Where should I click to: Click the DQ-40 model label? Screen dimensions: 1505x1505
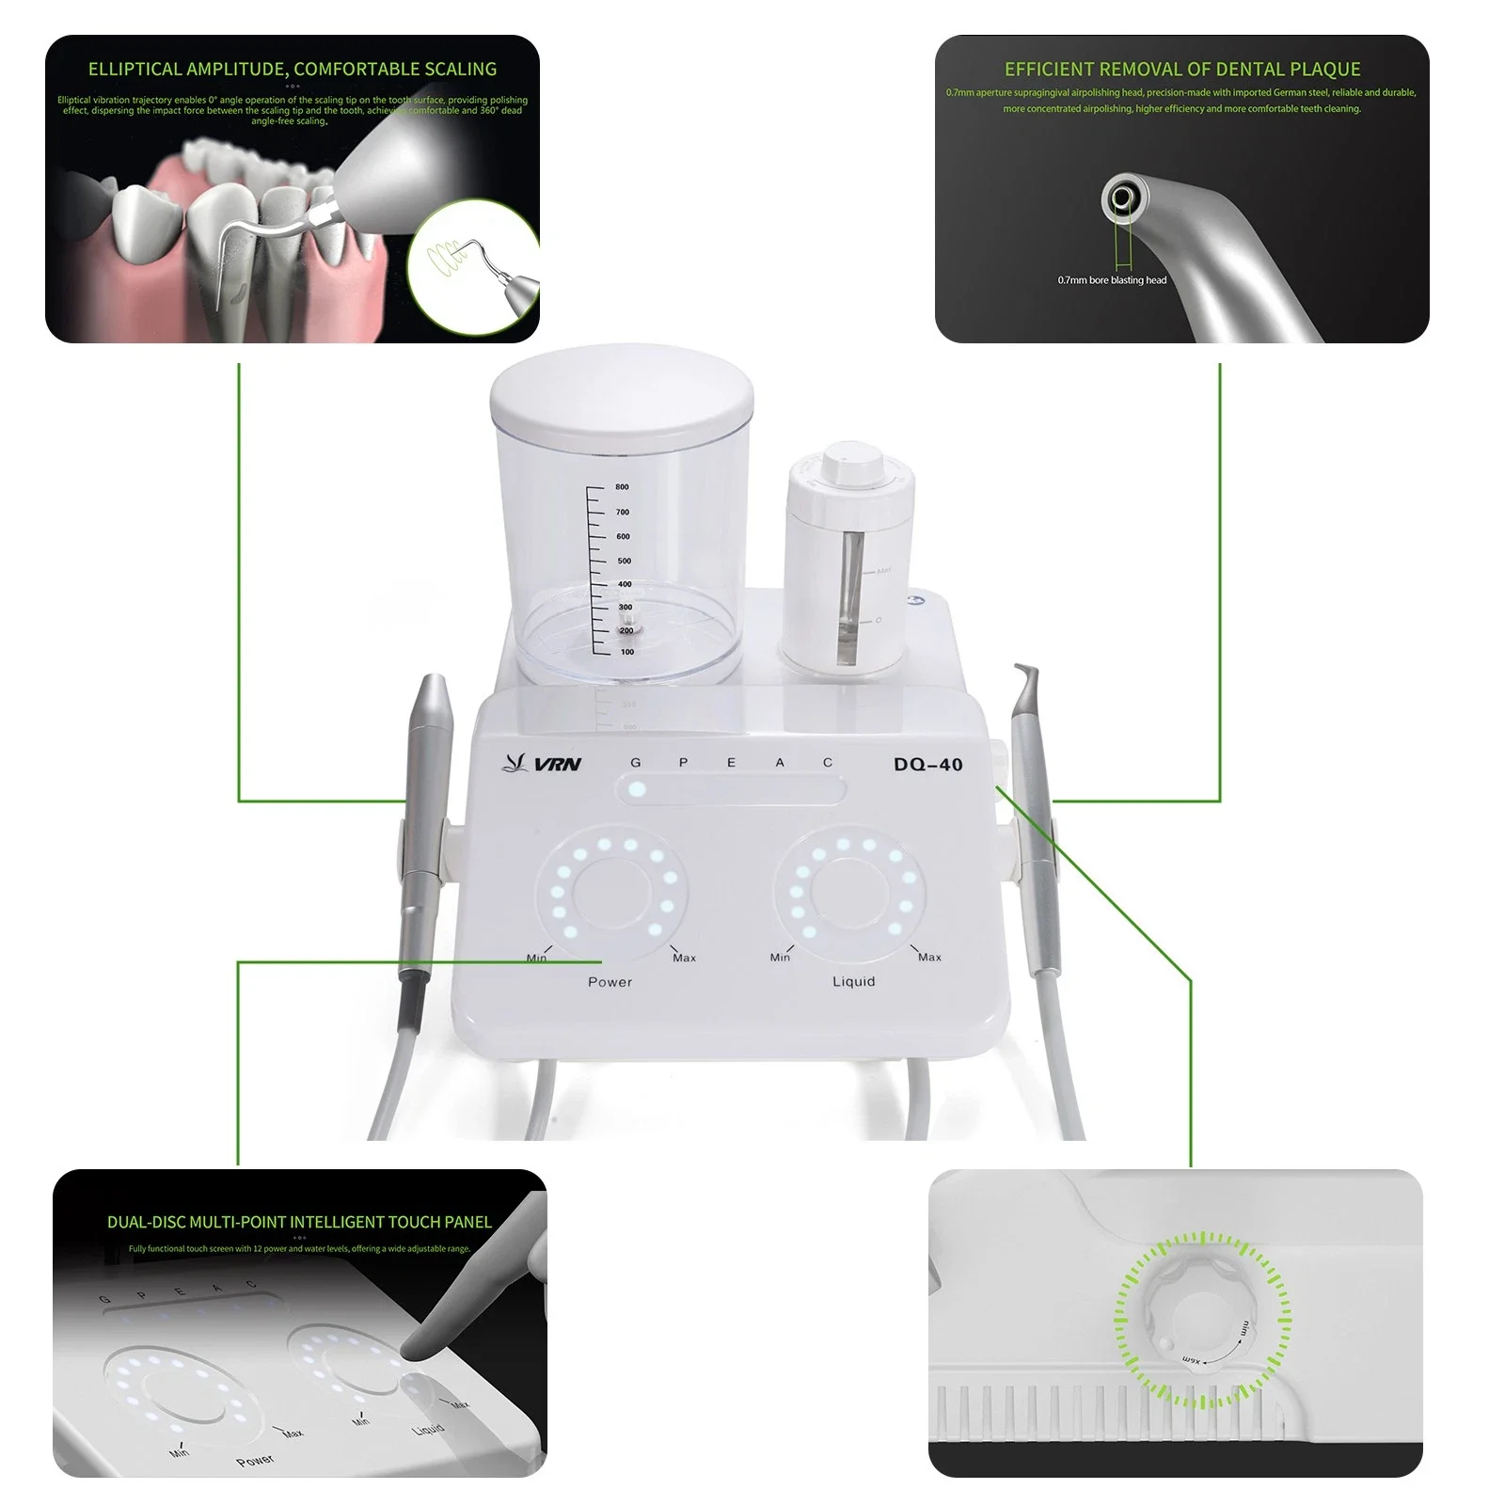coord(927,764)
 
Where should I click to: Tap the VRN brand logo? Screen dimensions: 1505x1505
coord(544,763)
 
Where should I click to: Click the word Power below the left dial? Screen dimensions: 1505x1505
coord(610,981)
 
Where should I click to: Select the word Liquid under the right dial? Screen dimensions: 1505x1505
coord(853,981)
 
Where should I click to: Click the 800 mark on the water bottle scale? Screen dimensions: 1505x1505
coord(622,487)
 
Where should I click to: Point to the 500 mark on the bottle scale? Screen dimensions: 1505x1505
coord(624,561)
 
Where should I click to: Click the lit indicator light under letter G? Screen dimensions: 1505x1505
coord(637,789)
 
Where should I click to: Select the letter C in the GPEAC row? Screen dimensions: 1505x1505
coord(828,762)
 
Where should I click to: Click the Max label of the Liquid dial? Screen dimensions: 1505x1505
coord(928,957)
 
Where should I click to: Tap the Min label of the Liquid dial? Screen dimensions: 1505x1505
coord(780,957)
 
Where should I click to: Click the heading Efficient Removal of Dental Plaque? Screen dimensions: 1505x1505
coord(1181,69)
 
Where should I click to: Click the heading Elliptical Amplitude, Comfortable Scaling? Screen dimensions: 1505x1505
coord(292,69)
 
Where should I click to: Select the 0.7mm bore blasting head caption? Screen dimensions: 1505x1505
coord(1111,280)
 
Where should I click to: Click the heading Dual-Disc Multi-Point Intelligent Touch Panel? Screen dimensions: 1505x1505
coord(299,1222)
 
